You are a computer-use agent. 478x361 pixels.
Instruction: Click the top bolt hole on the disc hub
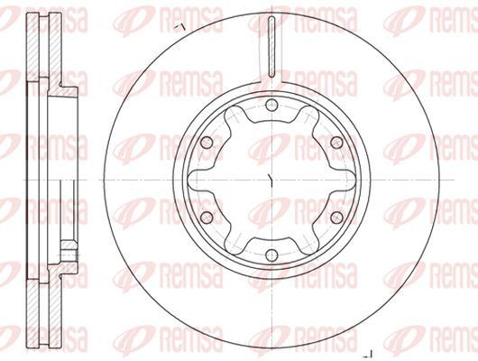pos(271,106)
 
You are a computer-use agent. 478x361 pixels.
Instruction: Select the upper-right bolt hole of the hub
pos(336,143)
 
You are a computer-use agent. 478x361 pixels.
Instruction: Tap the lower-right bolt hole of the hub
pos(336,218)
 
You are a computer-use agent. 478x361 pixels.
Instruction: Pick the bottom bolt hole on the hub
pos(271,255)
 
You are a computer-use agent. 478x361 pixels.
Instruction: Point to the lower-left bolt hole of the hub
pos(207,218)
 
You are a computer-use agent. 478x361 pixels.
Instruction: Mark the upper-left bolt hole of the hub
pos(207,143)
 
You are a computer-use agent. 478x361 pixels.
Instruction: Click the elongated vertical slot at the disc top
pos(271,46)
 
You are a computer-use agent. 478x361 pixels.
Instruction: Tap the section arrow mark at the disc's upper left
pos(179,27)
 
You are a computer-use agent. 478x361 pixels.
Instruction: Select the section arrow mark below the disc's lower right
pos(369,354)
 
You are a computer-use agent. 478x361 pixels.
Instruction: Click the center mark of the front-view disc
pos(271,180)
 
